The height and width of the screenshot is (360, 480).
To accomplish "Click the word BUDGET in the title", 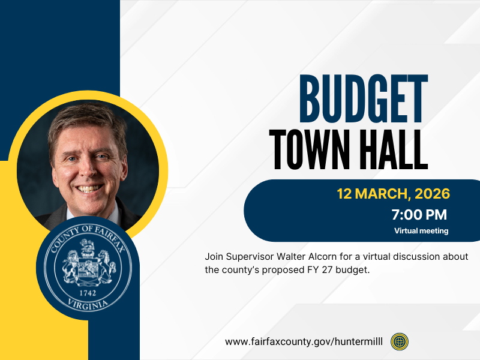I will pyautogui.click(x=363, y=97).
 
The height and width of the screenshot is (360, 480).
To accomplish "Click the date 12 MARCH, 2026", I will pyautogui.click(x=393, y=194).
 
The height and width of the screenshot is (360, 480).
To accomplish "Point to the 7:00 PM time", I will pyautogui.click(x=419, y=214).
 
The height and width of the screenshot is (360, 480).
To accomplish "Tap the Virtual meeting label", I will pyautogui.click(x=421, y=230).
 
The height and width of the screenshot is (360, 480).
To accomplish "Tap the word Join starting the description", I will pyautogui.click(x=214, y=256).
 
